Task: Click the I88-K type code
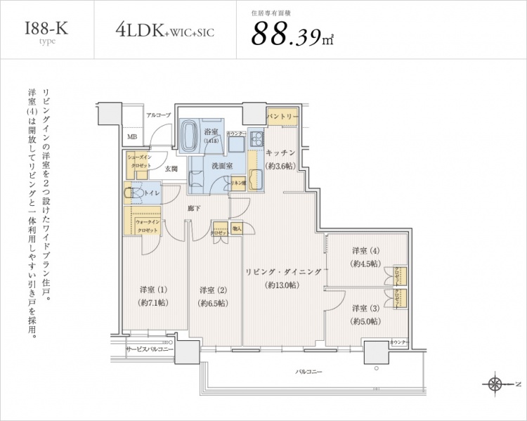[47, 29]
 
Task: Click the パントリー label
[282, 117]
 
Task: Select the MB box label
[132, 137]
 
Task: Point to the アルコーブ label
[158, 115]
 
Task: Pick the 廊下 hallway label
[195, 209]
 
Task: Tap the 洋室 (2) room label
[212, 290]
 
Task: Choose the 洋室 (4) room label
[365, 250]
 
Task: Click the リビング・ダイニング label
[282, 271]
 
